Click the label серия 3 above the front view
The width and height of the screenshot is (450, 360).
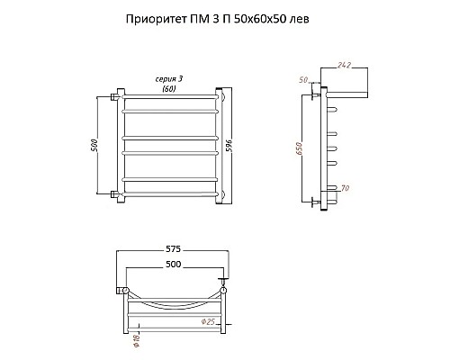coord(168,79)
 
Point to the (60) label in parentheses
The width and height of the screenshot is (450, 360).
coord(168,88)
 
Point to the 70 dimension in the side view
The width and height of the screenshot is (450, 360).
coord(345,187)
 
